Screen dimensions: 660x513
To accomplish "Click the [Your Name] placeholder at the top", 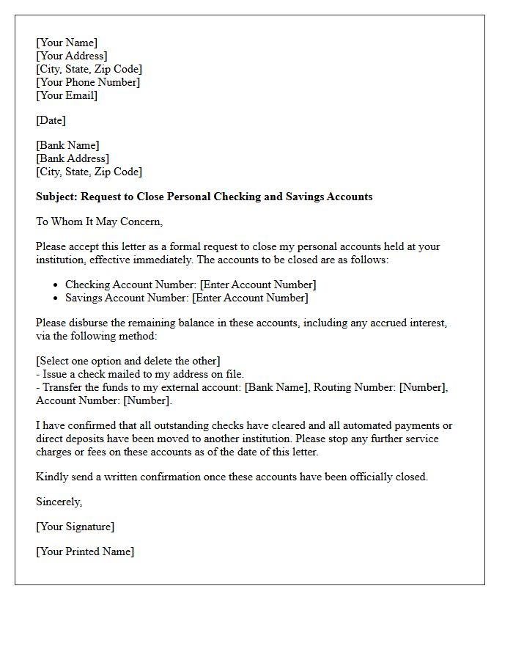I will click(x=67, y=43).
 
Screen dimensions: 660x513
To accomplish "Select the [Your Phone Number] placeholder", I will click(x=88, y=82).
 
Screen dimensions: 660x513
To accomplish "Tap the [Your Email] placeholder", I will click(x=67, y=95).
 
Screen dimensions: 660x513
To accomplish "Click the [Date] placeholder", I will click(x=51, y=120).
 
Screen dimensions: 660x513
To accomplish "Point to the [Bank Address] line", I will click(x=73, y=158).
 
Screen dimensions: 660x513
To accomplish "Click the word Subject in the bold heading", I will click(x=56, y=197).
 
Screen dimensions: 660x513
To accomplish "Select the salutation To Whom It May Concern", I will click(x=99, y=221).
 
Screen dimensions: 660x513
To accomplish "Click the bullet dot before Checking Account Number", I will click(x=56, y=285).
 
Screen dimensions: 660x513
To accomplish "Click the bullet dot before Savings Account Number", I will click(x=56, y=298).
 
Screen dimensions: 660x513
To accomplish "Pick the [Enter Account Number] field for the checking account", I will click(x=258, y=285).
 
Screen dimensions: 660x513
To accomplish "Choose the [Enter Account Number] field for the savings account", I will click(x=250, y=298).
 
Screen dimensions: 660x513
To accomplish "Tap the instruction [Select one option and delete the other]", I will click(x=128, y=361).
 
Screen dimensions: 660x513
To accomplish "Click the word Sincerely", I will click(x=59, y=502).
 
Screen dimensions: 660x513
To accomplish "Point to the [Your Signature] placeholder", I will click(x=75, y=527).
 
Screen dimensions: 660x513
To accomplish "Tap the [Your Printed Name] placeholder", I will click(x=85, y=551).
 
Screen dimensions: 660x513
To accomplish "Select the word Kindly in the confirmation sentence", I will click(x=51, y=477).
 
